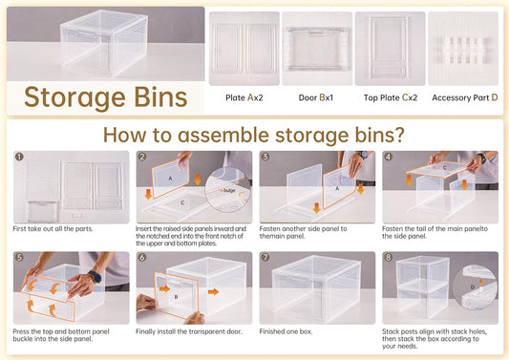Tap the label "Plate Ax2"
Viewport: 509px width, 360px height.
point(244,97)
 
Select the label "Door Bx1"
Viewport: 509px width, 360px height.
point(317,97)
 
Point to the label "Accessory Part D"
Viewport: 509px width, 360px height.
point(465,97)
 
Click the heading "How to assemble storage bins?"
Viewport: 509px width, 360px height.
point(254,135)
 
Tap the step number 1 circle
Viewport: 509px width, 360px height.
point(18,158)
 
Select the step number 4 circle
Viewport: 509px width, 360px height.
point(388,158)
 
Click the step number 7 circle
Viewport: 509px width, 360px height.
point(265,258)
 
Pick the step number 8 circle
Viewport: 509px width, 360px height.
point(388,258)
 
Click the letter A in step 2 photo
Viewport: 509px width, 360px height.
point(170,179)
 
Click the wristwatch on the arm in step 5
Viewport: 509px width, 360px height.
point(93,277)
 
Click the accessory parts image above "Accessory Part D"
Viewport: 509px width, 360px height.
point(465,48)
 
